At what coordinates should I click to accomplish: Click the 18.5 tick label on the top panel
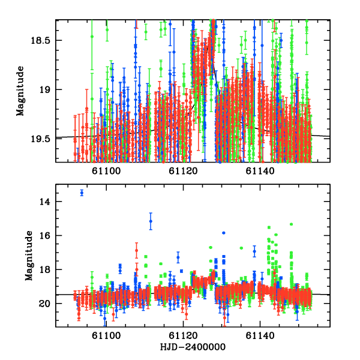pyautogui.click(x=42, y=40)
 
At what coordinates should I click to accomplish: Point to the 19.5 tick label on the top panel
pyautogui.click(x=42, y=139)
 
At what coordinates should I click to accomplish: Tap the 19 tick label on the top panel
pyautogui.click(x=46, y=89)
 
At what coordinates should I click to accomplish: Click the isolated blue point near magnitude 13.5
pyautogui.click(x=82, y=193)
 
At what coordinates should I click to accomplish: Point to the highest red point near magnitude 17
pyautogui.click(x=136, y=250)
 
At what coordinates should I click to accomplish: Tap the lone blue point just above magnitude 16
pyautogui.click(x=224, y=233)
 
